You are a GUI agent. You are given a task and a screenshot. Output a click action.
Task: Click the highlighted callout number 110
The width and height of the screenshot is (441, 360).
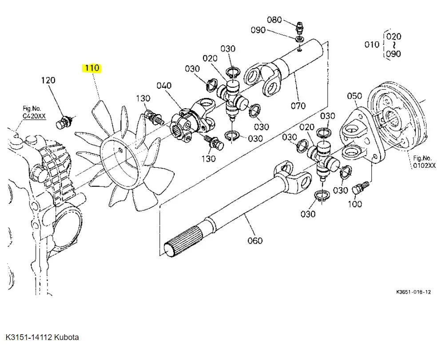(91, 68)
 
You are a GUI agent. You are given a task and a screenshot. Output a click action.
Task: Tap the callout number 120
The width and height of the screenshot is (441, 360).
(48, 80)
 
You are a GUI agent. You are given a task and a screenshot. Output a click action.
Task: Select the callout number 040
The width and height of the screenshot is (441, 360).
(163, 85)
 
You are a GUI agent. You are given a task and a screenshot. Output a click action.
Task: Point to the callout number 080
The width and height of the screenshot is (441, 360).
(274, 20)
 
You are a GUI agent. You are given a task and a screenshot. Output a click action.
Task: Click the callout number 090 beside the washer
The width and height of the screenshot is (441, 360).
(258, 30)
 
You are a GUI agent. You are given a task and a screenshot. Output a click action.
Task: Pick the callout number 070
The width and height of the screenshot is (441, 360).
(298, 106)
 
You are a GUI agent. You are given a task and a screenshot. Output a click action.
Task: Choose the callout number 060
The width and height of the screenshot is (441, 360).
(255, 241)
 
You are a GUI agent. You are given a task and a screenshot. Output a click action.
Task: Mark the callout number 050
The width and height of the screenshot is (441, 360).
(354, 96)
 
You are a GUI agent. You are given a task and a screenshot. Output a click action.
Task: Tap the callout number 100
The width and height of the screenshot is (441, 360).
(355, 204)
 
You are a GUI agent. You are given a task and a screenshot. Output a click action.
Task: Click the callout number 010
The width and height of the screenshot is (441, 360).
(372, 44)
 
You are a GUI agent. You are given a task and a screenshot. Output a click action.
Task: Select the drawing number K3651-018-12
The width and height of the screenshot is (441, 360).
(413, 292)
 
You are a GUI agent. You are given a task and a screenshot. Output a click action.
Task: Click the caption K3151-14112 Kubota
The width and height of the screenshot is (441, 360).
(43, 337)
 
